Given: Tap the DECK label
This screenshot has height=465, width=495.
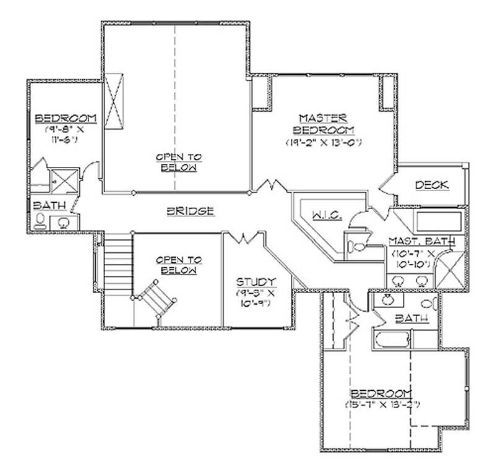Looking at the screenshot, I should [431, 185].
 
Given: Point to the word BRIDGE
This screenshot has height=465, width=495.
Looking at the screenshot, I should [191, 211].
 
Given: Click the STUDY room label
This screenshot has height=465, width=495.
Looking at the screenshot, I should [256, 281].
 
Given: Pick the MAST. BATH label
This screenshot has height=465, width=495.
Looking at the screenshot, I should [421, 241].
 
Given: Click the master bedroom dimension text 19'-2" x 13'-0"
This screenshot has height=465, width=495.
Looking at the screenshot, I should [322, 143].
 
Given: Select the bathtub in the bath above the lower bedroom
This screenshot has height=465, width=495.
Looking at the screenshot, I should [390, 340].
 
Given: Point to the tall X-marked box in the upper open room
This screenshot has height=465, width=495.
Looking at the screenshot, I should [114, 102].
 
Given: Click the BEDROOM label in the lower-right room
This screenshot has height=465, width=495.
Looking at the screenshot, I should [382, 394].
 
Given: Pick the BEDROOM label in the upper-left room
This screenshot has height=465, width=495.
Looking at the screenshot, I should [65, 119].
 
